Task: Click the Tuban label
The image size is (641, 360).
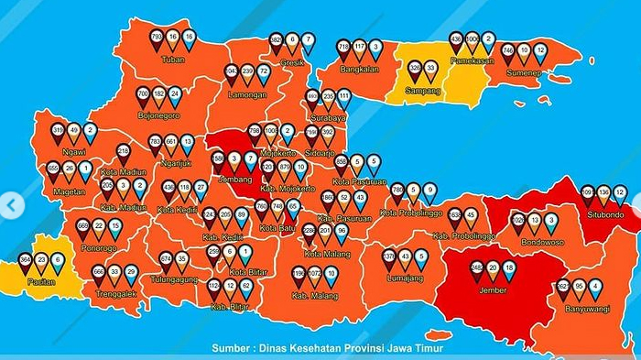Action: (172, 60)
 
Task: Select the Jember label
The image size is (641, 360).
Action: (492, 289)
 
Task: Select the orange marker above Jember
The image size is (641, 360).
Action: (493, 269)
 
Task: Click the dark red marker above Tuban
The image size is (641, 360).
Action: (157, 38)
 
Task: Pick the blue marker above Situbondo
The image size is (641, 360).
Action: (620, 193)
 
